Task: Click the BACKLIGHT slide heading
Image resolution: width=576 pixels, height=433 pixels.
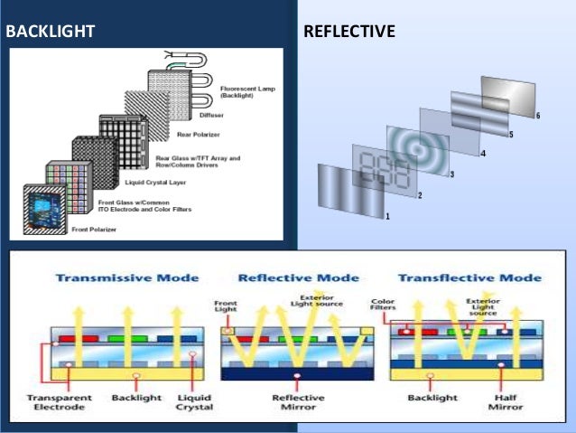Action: pyautogui.click(x=51, y=32)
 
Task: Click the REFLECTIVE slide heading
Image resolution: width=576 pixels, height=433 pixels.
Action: pyautogui.click(x=349, y=32)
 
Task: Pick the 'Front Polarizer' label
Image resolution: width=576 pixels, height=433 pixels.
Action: pyautogui.click(x=94, y=230)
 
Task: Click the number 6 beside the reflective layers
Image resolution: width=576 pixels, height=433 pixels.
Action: pyautogui.click(x=537, y=117)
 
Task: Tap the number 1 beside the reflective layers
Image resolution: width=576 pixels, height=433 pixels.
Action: pyautogui.click(x=386, y=217)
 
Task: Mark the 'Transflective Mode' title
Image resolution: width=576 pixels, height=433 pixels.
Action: pyautogui.click(x=469, y=278)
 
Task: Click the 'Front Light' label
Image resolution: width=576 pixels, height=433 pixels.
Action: pyautogui.click(x=225, y=309)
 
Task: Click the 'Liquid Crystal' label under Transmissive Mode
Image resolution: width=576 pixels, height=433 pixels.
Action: pyautogui.click(x=195, y=401)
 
